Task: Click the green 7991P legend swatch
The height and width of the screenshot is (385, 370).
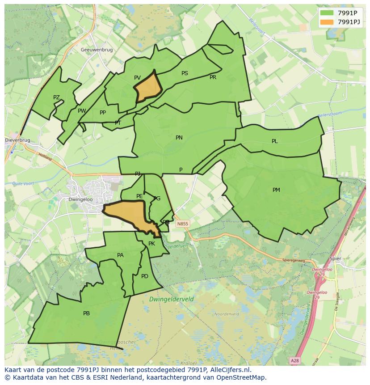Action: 327,13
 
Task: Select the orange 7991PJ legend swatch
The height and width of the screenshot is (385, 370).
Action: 327,22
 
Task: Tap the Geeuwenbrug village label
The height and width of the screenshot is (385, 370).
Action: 97,50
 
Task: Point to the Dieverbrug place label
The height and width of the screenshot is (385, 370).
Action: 17,140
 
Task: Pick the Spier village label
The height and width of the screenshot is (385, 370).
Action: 335,258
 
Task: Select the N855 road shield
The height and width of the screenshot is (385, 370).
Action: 182,224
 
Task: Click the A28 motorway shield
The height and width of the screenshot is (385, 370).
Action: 294,360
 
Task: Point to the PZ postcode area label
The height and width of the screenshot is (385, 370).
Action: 56,97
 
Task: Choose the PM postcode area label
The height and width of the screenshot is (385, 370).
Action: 276,190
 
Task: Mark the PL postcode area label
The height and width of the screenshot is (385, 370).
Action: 275,141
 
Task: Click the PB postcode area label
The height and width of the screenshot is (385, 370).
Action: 86,313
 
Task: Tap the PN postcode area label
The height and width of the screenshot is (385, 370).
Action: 179,138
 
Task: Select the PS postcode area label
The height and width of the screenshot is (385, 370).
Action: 185,73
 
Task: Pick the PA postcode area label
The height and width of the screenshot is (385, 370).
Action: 120,255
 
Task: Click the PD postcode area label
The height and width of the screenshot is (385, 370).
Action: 144,276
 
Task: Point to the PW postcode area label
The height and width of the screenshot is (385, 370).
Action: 82,111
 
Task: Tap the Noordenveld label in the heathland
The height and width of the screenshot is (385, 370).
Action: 227,314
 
